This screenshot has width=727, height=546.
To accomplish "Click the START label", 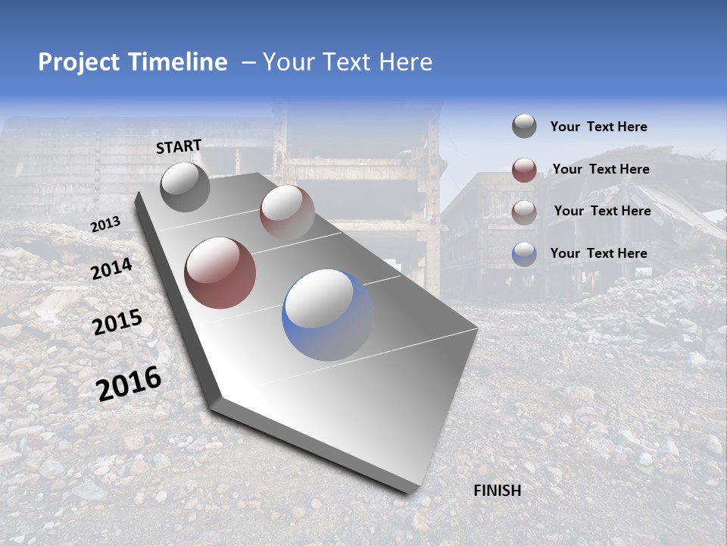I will (x=179, y=146).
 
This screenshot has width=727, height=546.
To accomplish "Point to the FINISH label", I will (x=498, y=491).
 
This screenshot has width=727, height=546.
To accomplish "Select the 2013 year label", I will (x=106, y=224).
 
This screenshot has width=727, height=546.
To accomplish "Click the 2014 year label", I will (x=112, y=268).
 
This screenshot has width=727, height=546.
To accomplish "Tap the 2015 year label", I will (x=117, y=322).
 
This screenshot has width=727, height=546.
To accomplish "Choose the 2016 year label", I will (x=129, y=384).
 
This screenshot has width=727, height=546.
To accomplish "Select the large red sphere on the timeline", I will (x=220, y=273).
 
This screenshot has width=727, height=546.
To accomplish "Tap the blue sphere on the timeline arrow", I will (x=328, y=315).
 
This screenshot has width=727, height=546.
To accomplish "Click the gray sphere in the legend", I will (x=524, y=127).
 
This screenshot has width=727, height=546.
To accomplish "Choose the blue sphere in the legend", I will (x=524, y=254).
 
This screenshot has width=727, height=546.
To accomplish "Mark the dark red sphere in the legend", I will (x=524, y=170).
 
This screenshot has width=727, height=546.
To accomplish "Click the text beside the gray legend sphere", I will (x=599, y=127).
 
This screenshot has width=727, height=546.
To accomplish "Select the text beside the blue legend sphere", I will (x=599, y=253).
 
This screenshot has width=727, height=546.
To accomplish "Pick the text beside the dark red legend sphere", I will (x=601, y=169).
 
